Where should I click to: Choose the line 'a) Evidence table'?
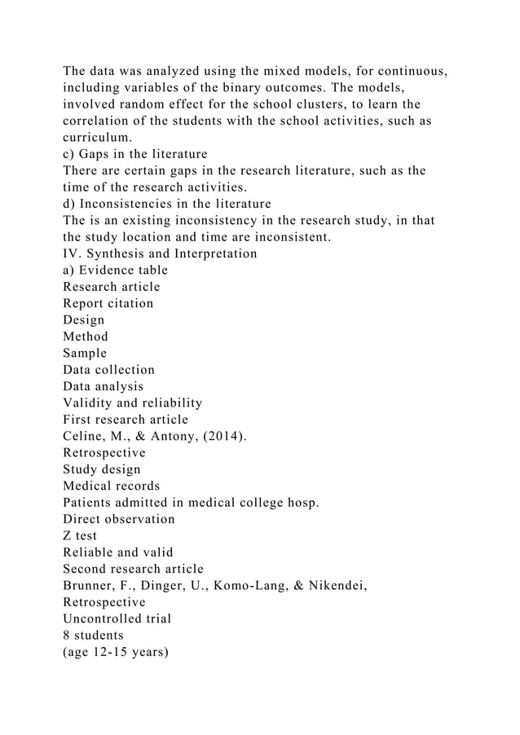pos(116,271)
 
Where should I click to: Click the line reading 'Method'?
pos(86,337)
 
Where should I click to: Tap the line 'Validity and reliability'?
pos(133,403)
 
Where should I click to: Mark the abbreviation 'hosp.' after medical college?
pos(299,503)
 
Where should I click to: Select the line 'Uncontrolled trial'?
pos(117,618)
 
